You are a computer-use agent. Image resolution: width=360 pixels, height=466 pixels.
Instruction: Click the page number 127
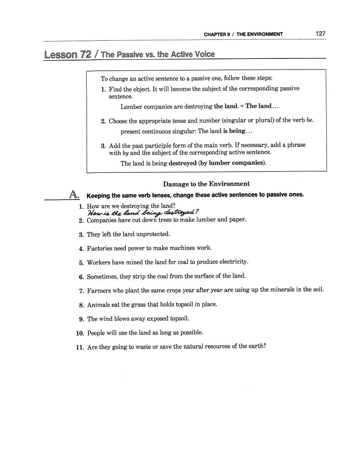[x=320, y=33]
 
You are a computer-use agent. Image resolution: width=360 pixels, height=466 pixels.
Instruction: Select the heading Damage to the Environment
[x=206, y=184]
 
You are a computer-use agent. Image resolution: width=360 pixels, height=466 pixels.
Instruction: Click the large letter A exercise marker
[x=74, y=194]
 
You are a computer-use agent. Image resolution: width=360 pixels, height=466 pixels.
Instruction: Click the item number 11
[x=80, y=347]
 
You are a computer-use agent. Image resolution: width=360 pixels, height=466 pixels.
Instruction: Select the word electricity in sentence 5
[x=234, y=262]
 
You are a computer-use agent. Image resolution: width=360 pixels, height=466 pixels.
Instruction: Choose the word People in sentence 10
[x=96, y=333]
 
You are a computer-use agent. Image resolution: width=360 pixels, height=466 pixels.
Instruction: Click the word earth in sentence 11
[x=255, y=347]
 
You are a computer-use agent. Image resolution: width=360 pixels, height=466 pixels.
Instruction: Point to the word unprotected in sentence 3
[x=152, y=234]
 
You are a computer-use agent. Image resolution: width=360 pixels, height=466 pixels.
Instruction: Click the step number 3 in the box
[x=103, y=145]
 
